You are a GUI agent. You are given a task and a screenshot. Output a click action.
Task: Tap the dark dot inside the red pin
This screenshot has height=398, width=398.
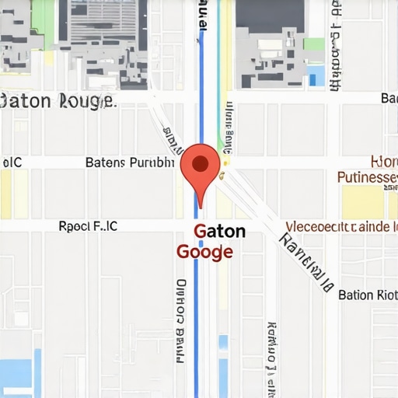[x=200, y=163]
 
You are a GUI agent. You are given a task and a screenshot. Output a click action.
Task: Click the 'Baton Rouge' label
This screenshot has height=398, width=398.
[x=58, y=101]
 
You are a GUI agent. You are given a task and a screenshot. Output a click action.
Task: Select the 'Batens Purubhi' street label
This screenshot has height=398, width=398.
[x=129, y=163]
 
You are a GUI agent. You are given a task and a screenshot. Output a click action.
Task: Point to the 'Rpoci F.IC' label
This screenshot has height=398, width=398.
[x=89, y=226]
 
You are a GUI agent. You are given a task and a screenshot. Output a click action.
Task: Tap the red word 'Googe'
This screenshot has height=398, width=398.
[x=204, y=252]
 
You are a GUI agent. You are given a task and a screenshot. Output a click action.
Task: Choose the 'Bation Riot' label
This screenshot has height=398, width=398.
[x=368, y=295]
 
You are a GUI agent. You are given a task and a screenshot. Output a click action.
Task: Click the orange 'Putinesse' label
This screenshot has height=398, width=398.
[x=368, y=177]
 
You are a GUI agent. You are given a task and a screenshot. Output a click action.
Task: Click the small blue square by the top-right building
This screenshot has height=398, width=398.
[x=316, y=75]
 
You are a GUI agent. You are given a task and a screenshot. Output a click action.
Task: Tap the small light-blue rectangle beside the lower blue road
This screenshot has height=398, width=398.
[x=224, y=342]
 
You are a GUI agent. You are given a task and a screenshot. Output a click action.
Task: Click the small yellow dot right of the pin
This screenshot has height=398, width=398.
[x=226, y=163]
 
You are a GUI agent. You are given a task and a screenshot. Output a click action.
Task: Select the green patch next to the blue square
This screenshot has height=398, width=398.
[x=314, y=44]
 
